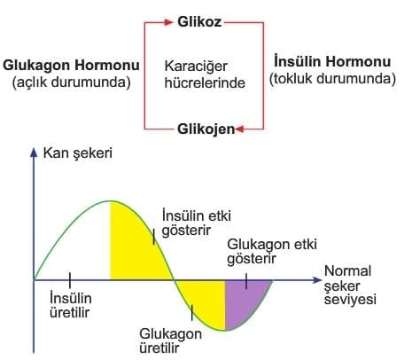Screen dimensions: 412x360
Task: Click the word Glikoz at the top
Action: click(199, 22)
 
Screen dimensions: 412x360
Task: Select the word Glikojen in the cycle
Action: click(206, 129)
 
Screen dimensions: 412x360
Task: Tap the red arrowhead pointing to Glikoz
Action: click(168, 22)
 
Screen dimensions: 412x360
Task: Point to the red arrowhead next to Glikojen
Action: click(239, 129)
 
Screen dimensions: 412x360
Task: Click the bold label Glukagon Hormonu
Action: click(71, 65)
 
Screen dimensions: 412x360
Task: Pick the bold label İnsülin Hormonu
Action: click(332, 61)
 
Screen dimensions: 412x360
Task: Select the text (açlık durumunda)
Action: click(71, 82)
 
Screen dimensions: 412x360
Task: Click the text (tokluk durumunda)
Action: click(332, 79)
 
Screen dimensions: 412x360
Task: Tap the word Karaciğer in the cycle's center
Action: click(196, 67)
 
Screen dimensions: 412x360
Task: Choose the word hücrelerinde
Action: click(205, 82)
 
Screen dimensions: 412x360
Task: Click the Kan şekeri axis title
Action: click(78, 153)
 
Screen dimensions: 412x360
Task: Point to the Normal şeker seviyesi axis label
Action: click(350, 286)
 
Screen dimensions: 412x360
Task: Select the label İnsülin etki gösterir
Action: click(196, 223)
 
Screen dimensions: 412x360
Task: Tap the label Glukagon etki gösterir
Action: click(272, 252)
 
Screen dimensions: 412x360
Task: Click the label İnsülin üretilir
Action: click(70, 305)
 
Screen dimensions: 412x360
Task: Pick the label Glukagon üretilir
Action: click(170, 340)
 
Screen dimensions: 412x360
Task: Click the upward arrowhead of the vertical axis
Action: click(34, 152)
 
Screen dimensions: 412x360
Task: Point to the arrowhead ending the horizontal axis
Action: click(316, 280)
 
